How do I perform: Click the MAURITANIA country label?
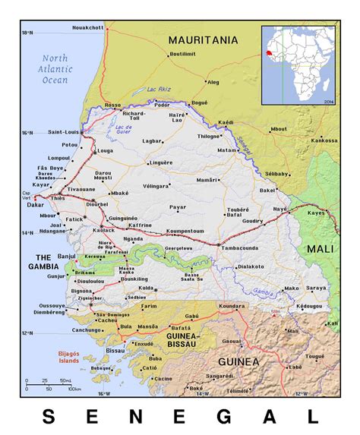203,39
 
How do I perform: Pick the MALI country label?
321,248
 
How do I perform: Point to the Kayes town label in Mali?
315,214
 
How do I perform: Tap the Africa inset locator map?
297,65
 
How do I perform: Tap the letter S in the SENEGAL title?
48,416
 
